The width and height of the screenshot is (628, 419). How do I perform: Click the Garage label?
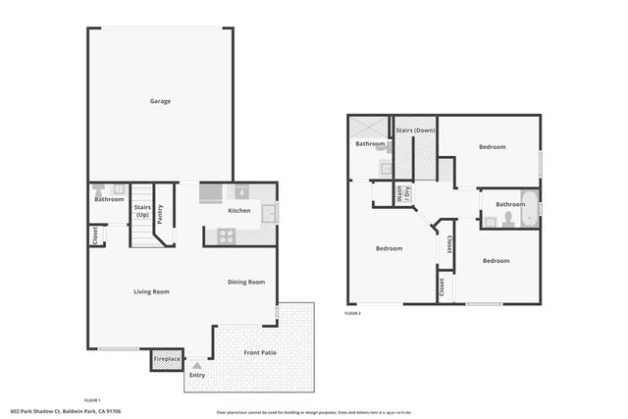(x=160, y=101)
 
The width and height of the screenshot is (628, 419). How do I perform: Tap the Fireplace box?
(x=167, y=359)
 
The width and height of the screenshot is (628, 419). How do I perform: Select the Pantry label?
(x=160, y=214)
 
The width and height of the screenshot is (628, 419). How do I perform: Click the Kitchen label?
(x=239, y=211)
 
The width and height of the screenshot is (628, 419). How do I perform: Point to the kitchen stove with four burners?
(x=225, y=236)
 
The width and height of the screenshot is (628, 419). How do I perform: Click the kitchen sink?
(x=268, y=212)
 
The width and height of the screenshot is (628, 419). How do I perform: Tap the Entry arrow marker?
(x=197, y=365)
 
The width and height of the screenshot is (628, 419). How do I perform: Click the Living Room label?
(x=152, y=291)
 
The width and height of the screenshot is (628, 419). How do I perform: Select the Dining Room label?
(x=246, y=283)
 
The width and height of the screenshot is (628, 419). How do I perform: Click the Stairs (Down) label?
(x=415, y=130)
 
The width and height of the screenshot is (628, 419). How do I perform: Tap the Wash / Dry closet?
(x=400, y=194)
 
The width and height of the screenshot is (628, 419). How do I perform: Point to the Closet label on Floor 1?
(x=95, y=236)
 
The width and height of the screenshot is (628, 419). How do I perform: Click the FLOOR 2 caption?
(x=353, y=313)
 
